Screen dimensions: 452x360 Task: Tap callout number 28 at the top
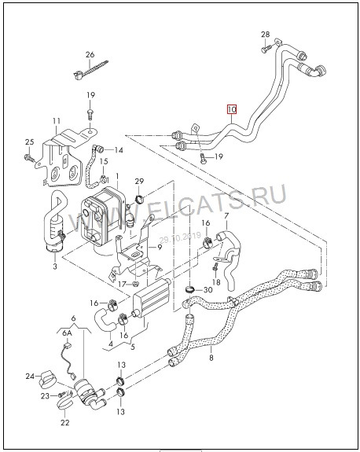pyautogui.click(x=265, y=35)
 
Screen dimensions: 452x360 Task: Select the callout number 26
pyautogui.click(x=90, y=53)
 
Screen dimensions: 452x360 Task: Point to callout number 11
pyautogui.click(x=56, y=120)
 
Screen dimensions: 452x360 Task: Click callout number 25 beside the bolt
pyautogui.click(x=30, y=141)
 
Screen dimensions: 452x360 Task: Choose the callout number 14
pyautogui.click(x=119, y=150)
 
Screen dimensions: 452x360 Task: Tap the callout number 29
pyautogui.click(x=139, y=182)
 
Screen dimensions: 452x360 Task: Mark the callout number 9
pyautogui.click(x=159, y=248)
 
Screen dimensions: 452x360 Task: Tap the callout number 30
pyautogui.click(x=209, y=290)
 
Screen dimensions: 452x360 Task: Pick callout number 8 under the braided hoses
pyautogui.click(x=211, y=358)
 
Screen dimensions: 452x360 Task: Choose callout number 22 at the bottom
pyautogui.click(x=64, y=421)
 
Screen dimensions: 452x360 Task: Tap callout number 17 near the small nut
pyautogui.click(x=122, y=283)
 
